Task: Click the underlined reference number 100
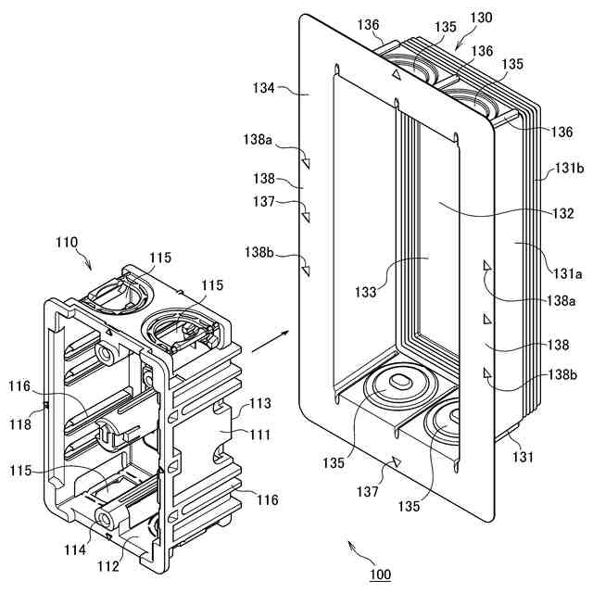380,574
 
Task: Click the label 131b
569,170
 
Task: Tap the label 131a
569,274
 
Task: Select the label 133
365,293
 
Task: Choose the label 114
75,550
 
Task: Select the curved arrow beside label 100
356,550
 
